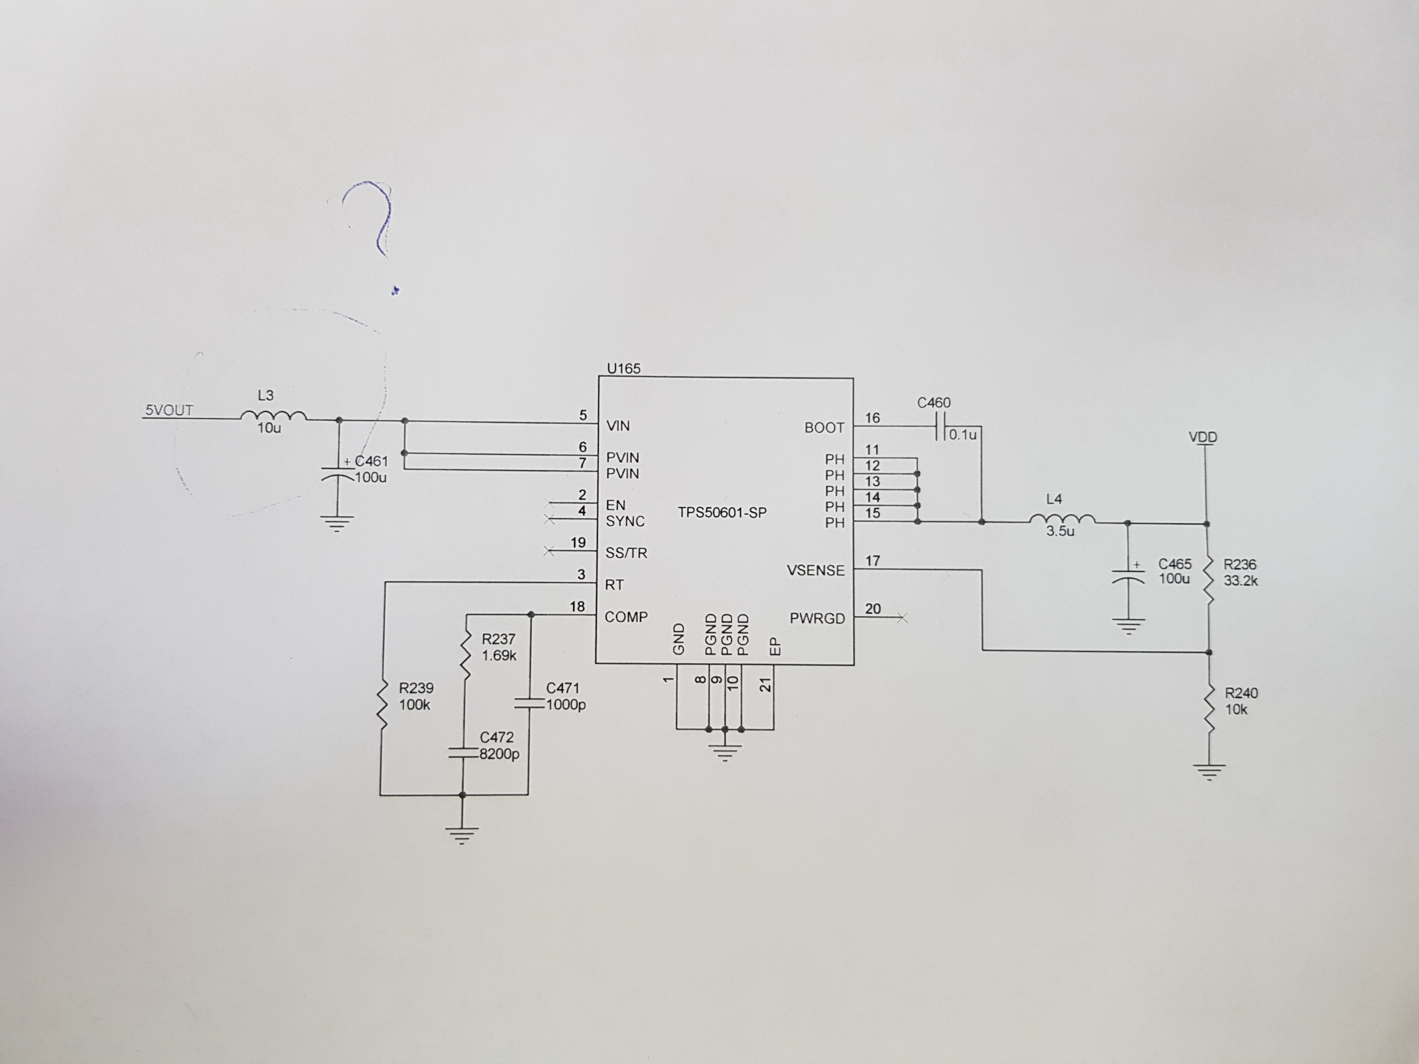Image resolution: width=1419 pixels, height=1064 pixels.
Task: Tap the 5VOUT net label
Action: [x=169, y=411]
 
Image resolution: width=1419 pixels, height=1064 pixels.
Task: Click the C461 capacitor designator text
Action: [x=371, y=461]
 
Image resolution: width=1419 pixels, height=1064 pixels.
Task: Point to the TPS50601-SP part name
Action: [x=722, y=512]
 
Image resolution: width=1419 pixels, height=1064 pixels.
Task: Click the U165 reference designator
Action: [x=623, y=369]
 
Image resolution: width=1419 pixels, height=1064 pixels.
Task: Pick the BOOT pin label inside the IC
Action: [x=824, y=428]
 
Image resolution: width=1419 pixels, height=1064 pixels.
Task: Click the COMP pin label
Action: [x=626, y=617]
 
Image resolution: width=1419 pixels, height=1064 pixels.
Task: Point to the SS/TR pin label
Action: [x=626, y=553]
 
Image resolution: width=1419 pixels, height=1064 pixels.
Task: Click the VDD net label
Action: [x=1203, y=437]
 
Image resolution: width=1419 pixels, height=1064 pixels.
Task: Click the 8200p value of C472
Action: [x=499, y=754]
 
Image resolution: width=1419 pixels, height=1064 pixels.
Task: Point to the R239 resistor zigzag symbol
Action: [x=382, y=705]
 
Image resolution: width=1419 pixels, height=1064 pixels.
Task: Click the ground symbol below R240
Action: [x=1209, y=772]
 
